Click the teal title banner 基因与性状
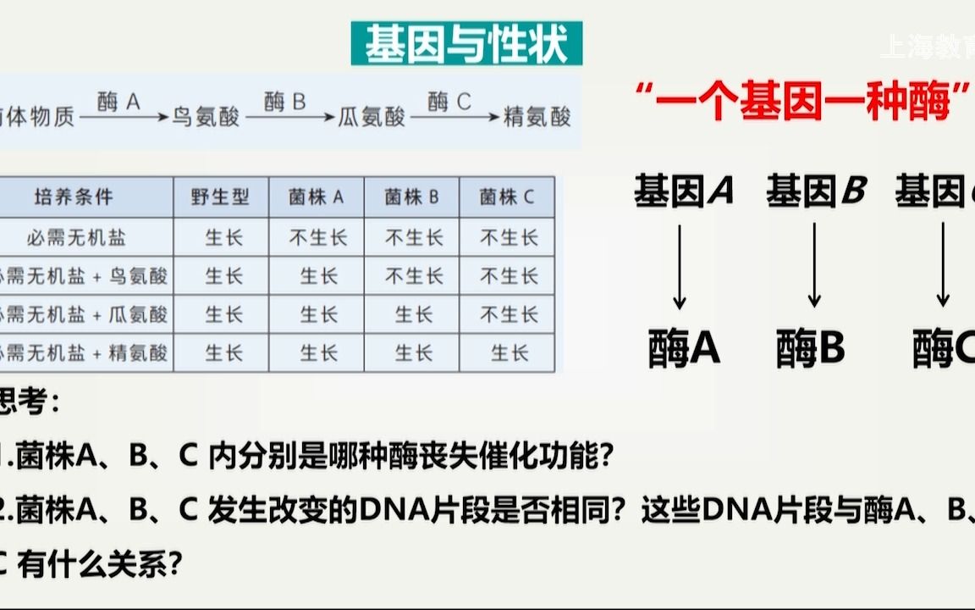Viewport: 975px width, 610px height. click(x=466, y=44)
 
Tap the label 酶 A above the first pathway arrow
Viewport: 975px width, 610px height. click(x=118, y=103)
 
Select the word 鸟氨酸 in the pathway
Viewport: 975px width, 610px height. click(x=207, y=116)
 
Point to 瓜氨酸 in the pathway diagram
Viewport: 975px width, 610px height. click(x=372, y=116)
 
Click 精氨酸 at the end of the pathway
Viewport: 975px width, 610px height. click(x=537, y=116)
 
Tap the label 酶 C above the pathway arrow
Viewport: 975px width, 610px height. click(x=449, y=103)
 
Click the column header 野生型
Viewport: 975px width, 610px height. click(x=222, y=197)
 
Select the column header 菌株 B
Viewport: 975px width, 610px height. click(x=412, y=197)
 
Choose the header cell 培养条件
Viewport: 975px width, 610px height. click(x=74, y=197)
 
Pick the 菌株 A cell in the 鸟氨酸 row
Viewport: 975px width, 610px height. click(x=317, y=276)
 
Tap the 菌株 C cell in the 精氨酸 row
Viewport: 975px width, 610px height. click(x=508, y=352)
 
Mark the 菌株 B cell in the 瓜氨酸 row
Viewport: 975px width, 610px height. click(x=412, y=314)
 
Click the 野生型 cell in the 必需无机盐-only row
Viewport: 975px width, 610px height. click(x=222, y=237)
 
